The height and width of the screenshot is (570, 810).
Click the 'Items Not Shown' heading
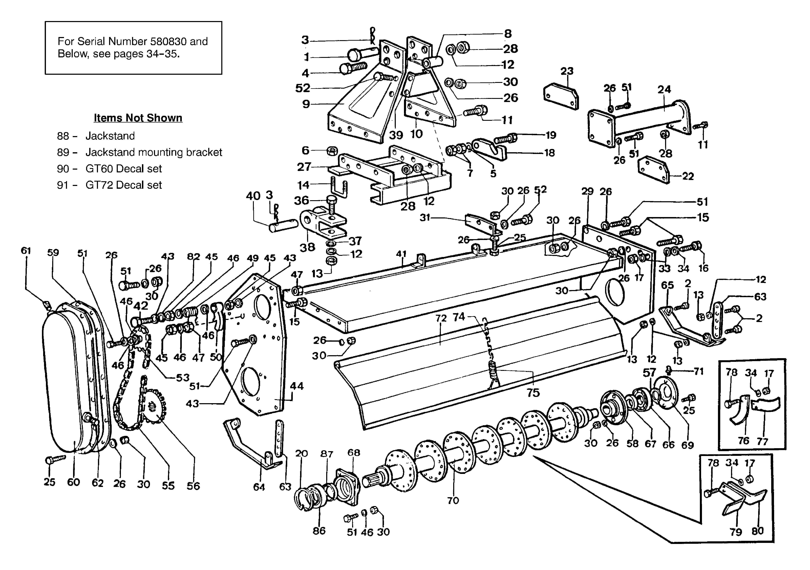[138, 118]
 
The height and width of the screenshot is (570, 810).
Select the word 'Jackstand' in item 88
[110, 136]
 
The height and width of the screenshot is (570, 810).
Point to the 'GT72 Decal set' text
[124, 185]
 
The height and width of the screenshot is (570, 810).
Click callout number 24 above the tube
[664, 89]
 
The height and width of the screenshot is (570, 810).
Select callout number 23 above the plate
[567, 71]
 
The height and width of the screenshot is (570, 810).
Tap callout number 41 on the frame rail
[401, 254]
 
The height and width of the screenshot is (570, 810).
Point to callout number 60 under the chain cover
[73, 482]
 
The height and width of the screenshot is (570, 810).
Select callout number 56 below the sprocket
[193, 486]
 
